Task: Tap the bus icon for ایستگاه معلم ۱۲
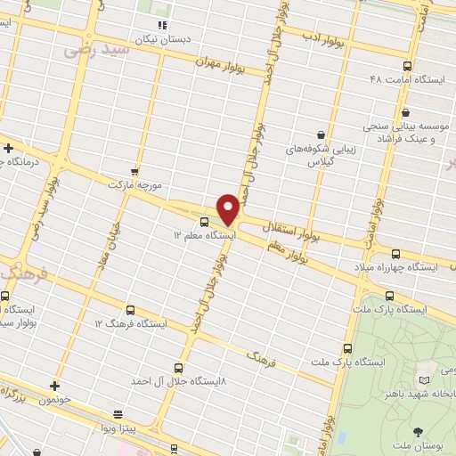click(x=206, y=222)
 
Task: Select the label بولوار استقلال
click(x=290, y=234)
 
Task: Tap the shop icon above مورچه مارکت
click(x=134, y=170)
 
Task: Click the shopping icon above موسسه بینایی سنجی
click(x=406, y=112)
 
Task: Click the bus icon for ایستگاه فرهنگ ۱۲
click(x=131, y=310)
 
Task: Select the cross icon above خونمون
click(x=55, y=386)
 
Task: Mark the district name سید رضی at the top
click(x=96, y=51)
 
